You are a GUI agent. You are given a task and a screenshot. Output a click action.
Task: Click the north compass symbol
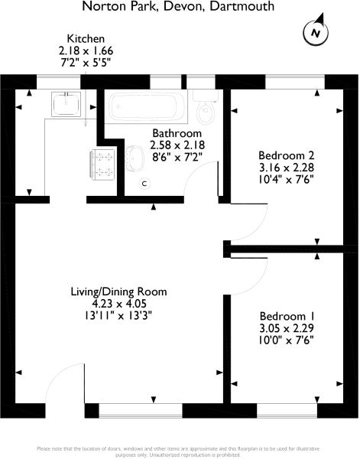point(316,32)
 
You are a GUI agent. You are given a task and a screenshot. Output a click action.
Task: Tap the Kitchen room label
point(86,39)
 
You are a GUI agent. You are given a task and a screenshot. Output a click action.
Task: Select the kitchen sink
point(66,104)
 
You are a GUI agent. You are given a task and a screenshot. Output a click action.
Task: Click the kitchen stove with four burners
point(102,164)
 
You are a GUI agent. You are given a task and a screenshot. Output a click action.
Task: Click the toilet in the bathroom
point(206,107)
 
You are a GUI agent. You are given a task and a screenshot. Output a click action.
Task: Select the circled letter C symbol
point(144,184)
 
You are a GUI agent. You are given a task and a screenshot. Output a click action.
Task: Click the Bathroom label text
point(177,133)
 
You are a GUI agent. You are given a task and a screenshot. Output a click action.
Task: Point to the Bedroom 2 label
point(287,155)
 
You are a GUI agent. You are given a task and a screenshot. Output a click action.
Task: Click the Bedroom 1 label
point(287,317)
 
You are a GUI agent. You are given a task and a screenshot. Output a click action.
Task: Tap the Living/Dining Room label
point(118,291)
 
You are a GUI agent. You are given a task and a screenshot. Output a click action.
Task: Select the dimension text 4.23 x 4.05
point(118,304)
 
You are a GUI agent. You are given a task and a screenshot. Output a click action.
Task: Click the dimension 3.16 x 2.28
point(287,168)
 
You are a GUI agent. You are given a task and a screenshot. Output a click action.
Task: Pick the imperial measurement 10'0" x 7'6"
point(287,340)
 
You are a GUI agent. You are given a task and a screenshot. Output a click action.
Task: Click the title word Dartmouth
point(242,6)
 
